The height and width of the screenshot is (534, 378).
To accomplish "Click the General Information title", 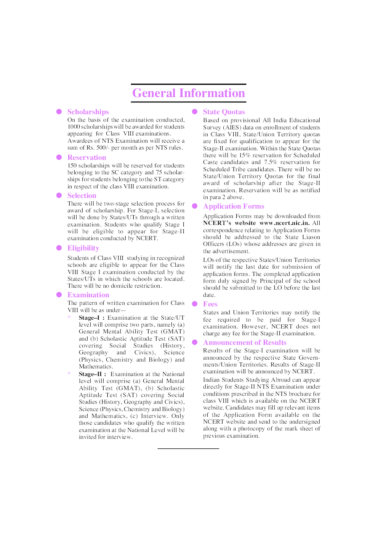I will click(x=189, y=93).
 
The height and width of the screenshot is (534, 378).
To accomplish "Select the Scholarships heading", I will click(x=88, y=112).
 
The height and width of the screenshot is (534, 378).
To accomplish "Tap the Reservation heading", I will click(x=87, y=158).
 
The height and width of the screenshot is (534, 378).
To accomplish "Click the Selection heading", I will click(x=82, y=196).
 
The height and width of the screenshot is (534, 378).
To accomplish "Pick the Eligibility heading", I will click(x=83, y=248).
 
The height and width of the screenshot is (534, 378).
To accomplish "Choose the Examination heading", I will click(x=88, y=295).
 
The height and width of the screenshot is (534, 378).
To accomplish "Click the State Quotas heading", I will click(x=224, y=112).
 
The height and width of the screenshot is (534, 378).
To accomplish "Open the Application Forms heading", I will click(x=234, y=206).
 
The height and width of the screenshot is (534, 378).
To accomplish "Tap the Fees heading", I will click(x=210, y=304).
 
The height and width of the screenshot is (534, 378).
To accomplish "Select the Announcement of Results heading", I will click(x=245, y=343).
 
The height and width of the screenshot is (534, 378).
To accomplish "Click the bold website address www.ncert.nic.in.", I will click(x=284, y=223).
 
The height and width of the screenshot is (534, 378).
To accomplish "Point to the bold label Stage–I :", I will click(x=91, y=318).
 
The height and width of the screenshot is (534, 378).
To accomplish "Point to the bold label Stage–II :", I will click(x=93, y=374).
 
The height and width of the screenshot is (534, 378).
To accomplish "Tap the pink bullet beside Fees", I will click(x=195, y=304).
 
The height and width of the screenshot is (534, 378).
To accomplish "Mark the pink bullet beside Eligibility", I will click(x=59, y=248).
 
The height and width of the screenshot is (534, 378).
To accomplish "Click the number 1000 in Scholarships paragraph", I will click(x=74, y=127).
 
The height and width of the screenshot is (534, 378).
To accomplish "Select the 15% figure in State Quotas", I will click(x=245, y=155).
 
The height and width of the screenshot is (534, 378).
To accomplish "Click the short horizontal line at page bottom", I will click(x=188, y=449).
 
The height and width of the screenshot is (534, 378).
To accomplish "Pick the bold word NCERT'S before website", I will click(x=217, y=223).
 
